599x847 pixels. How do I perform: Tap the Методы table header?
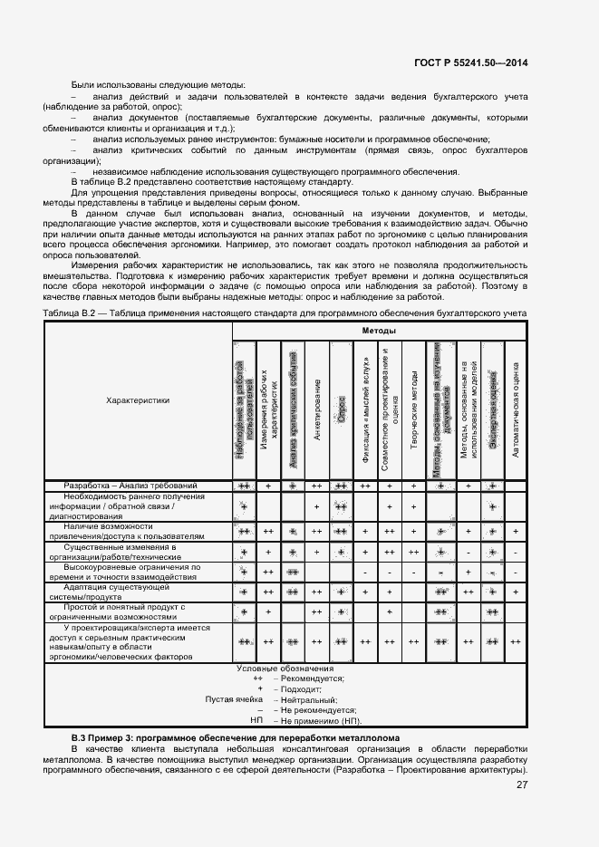pos(380,332)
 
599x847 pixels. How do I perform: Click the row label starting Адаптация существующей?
pos(137,592)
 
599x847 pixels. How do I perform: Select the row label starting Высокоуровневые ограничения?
pos(137,572)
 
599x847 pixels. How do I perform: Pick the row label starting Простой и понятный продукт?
pos(137,612)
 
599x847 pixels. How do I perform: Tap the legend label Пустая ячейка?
pos(235,699)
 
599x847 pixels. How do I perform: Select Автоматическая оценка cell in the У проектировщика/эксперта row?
pos(515,641)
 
